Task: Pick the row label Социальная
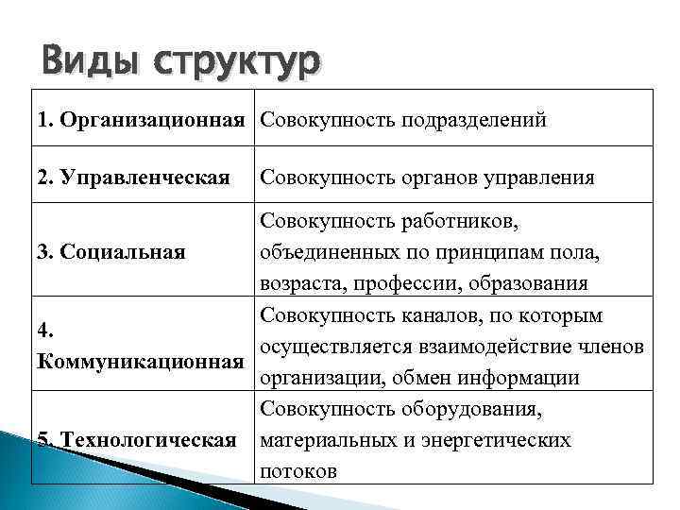click(x=123, y=252)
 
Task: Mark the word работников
click(x=456, y=222)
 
